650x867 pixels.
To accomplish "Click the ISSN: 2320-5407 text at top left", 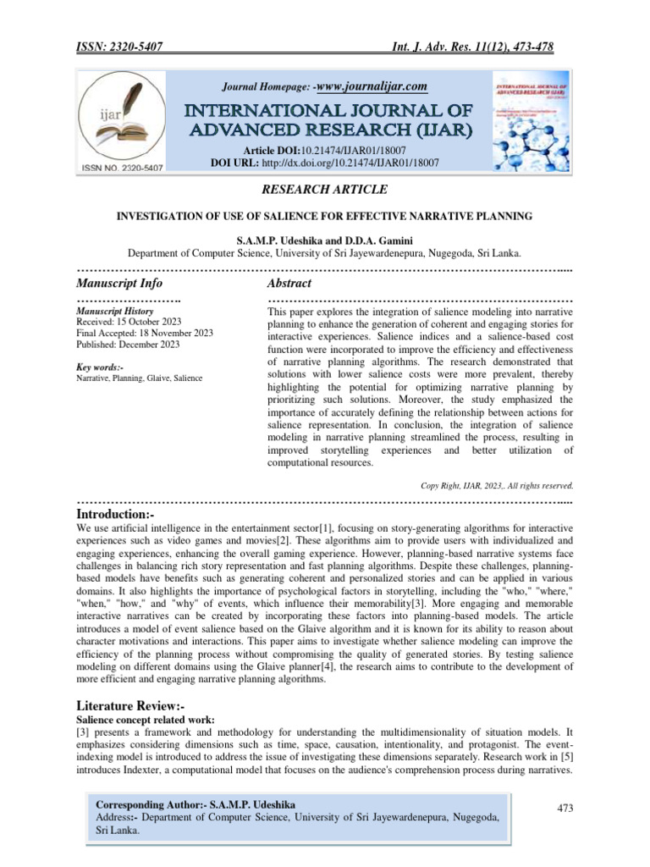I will [x=119, y=47].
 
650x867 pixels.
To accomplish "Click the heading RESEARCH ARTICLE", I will [x=324, y=189].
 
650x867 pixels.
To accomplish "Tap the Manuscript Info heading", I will [x=119, y=283].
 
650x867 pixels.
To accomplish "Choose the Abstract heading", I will [x=289, y=283].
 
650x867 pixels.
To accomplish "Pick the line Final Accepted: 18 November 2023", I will [x=145, y=334].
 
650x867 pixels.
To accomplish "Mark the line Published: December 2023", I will [x=128, y=345].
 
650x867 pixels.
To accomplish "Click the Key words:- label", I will [x=100, y=367].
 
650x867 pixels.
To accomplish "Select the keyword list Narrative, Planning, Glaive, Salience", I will [x=140, y=378].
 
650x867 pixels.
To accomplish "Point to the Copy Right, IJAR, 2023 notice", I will [x=497, y=485].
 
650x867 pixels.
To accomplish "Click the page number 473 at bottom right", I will [x=565, y=809].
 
